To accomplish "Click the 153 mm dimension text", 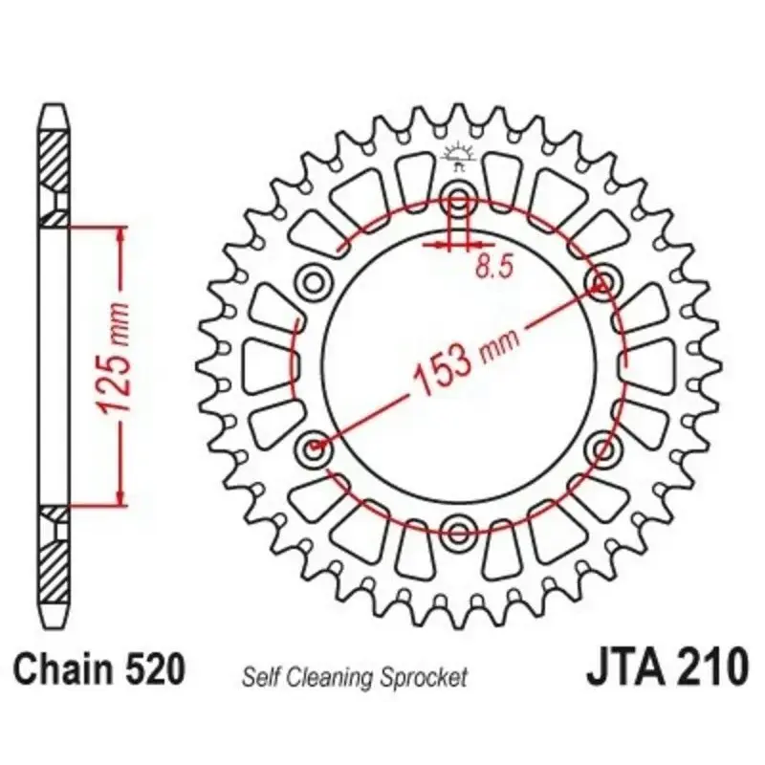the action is click(x=466, y=361).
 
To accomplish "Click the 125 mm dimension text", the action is click(x=114, y=360).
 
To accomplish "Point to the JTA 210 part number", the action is click(x=667, y=667).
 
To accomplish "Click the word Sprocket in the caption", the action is click(x=426, y=678).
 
